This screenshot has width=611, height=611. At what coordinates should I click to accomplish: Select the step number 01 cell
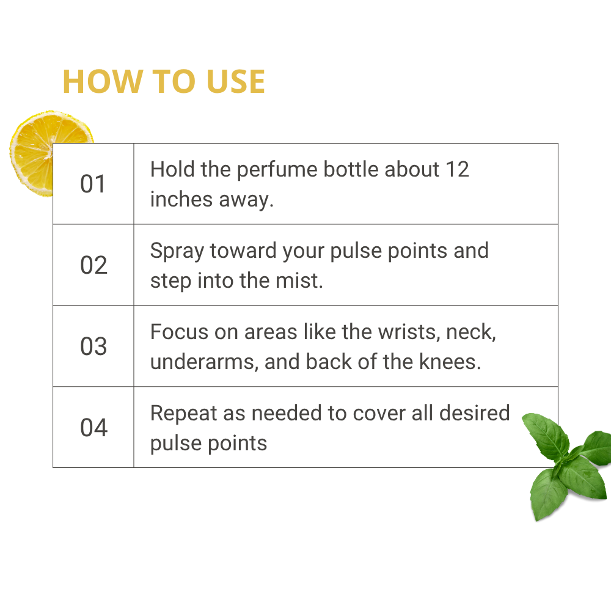click(x=93, y=184)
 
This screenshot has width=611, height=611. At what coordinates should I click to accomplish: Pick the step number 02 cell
click(x=93, y=265)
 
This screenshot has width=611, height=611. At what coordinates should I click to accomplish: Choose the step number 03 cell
click(x=93, y=346)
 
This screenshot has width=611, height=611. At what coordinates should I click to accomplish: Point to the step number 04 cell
click(x=93, y=427)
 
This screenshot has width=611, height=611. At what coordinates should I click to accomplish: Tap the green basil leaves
click(x=567, y=466)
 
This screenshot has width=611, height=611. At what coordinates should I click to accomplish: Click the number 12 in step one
click(x=458, y=169)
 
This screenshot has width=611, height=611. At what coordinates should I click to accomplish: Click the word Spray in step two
click(x=177, y=251)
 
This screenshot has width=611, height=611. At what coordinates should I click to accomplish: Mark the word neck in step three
click(x=470, y=332)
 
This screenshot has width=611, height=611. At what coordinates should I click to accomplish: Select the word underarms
click(x=204, y=362)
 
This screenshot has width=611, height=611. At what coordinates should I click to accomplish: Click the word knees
click(x=450, y=362)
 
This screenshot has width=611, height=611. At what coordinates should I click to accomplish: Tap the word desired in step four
click(x=474, y=413)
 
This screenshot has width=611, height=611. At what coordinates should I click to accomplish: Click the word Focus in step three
click(x=179, y=332)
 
